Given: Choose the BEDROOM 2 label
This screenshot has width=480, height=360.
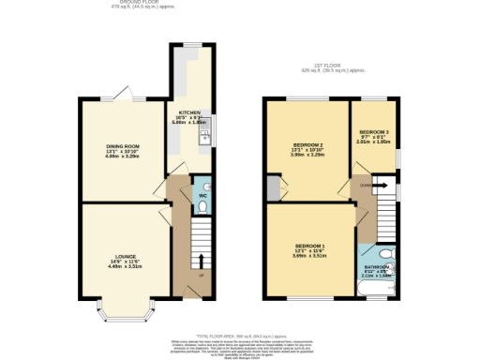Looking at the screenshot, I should [x=307, y=145].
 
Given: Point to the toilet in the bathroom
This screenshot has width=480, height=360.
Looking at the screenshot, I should [x=390, y=254].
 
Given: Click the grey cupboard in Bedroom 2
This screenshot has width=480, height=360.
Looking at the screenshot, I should [x=272, y=187].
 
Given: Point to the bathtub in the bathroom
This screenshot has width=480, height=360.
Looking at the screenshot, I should [x=380, y=291].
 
